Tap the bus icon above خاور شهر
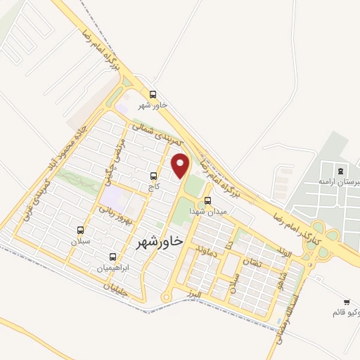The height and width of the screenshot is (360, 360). [153, 95]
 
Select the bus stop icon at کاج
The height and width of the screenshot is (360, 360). [154, 176]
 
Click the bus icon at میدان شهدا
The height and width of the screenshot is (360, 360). [207, 200]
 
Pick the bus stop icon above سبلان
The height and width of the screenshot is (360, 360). [81, 230]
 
